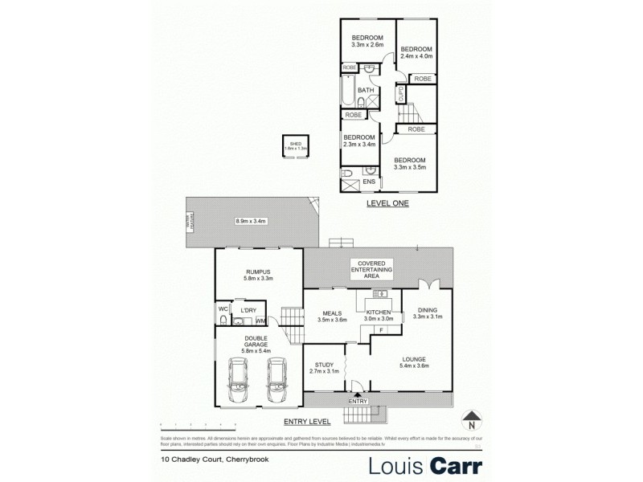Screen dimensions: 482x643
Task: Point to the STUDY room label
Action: coord(323,366)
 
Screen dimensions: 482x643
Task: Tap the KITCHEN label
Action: coord(379,312)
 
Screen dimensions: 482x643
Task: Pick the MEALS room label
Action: coord(331,313)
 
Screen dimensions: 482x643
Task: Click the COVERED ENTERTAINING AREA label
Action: coord(370,269)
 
